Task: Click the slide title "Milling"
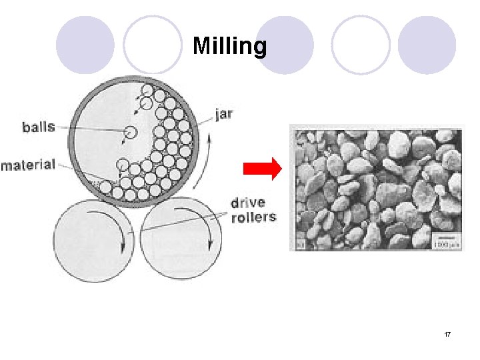[230, 46]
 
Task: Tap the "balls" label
[39, 127]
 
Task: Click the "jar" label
[224, 113]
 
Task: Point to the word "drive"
[247, 202]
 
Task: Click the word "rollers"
[253, 217]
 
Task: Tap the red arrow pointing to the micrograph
[263, 170]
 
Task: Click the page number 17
[447, 333]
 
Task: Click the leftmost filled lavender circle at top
[85, 45]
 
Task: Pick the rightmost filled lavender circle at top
[427, 45]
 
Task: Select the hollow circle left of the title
[153, 45]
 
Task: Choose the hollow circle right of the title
[361, 45]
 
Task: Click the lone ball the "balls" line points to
[129, 133]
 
